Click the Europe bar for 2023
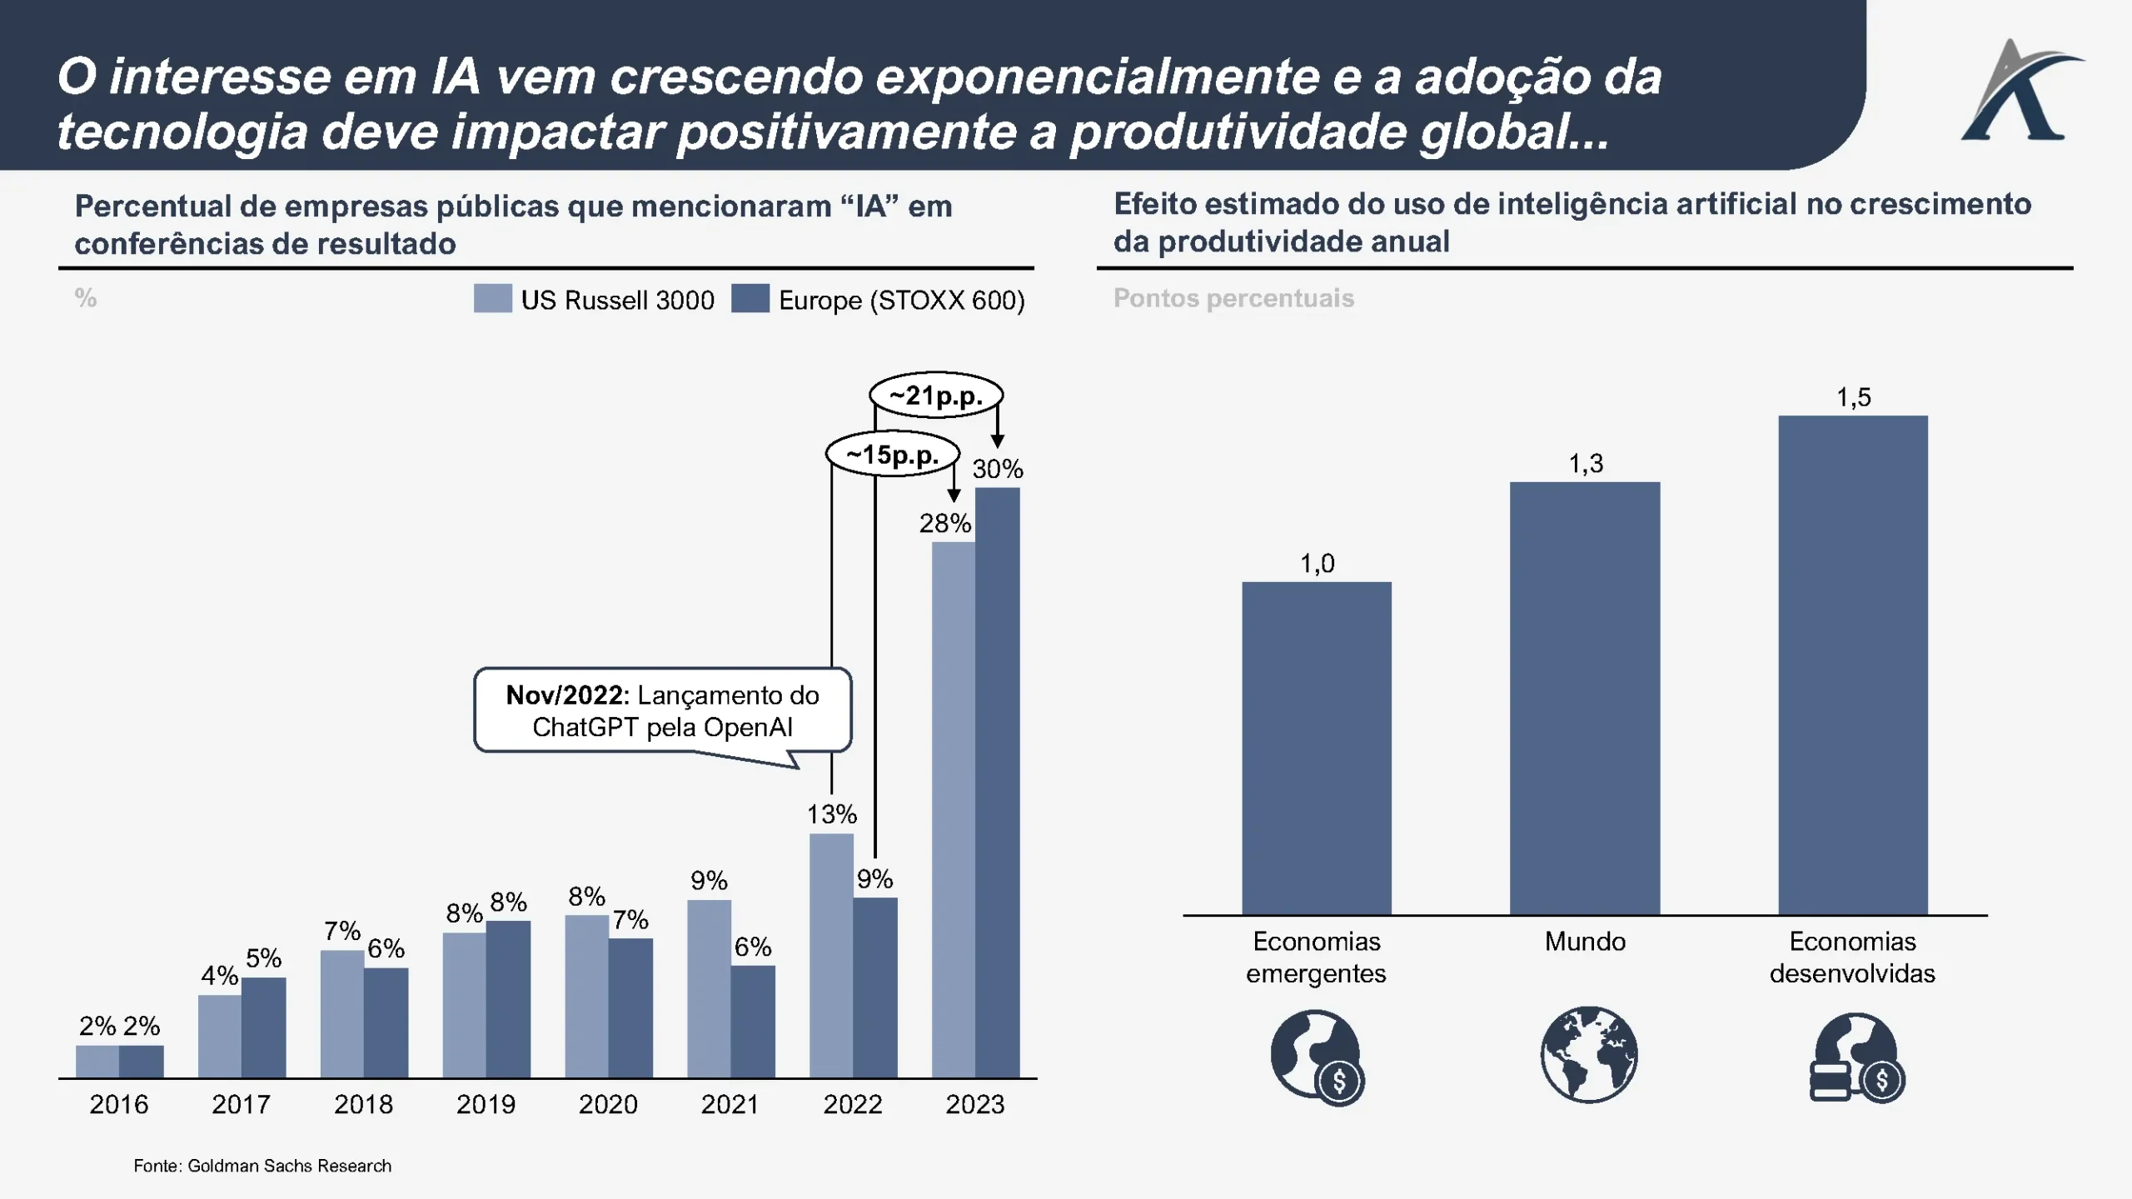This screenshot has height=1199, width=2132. pyautogui.click(x=997, y=783)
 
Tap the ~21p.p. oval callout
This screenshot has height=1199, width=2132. pyautogui.click(x=936, y=395)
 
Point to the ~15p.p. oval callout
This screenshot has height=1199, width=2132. pyautogui.click(x=893, y=455)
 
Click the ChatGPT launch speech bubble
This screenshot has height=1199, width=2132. pyautogui.click(x=663, y=711)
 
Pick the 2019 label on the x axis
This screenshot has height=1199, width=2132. pyautogui.click(x=486, y=1104)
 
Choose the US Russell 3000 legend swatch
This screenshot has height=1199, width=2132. pyautogui.click(x=493, y=299)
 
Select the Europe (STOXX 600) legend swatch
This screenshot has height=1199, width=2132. pyautogui.click(x=750, y=299)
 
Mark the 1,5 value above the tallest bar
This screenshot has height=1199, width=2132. pyautogui.click(x=1854, y=397)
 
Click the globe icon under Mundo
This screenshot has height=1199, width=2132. pyautogui.click(x=1588, y=1055)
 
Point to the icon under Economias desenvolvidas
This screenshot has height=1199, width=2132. pyautogui.click(x=1857, y=1058)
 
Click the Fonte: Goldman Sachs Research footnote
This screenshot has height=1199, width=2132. pyautogui.click(x=262, y=1166)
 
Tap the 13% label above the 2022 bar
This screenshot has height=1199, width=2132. pyautogui.click(x=831, y=814)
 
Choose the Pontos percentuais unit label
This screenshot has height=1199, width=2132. pyautogui.click(x=1233, y=298)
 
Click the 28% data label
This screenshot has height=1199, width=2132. pyautogui.click(x=944, y=524)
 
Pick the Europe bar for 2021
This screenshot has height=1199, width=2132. pyautogui.click(x=753, y=1022)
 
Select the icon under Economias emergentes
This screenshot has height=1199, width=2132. pyautogui.click(x=1317, y=1058)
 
